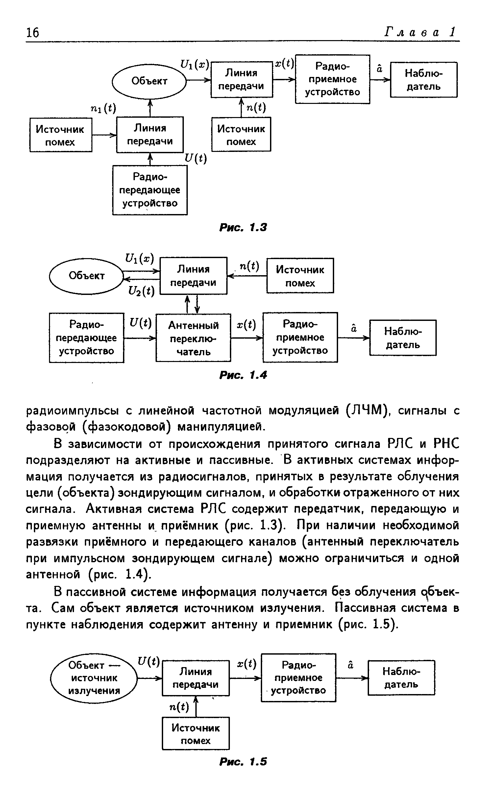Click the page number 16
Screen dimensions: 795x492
tap(32, 33)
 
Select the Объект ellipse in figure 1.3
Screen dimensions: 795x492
tap(149, 81)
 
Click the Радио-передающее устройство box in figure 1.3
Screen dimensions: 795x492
tap(150, 190)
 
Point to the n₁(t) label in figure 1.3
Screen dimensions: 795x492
tap(103, 108)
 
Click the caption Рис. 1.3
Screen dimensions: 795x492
tap(243, 227)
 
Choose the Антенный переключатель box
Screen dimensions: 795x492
tap(193, 338)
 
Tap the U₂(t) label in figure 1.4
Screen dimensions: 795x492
tap(141, 291)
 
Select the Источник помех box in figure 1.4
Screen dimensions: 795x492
tap(300, 276)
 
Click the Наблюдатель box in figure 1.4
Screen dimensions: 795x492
tap(403, 338)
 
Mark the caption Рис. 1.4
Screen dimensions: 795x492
tap(243, 374)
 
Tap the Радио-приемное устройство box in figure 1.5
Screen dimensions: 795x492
tap(299, 678)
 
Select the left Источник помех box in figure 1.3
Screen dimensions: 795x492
tap(61, 135)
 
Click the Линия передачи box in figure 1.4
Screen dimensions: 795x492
tap(193, 276)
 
